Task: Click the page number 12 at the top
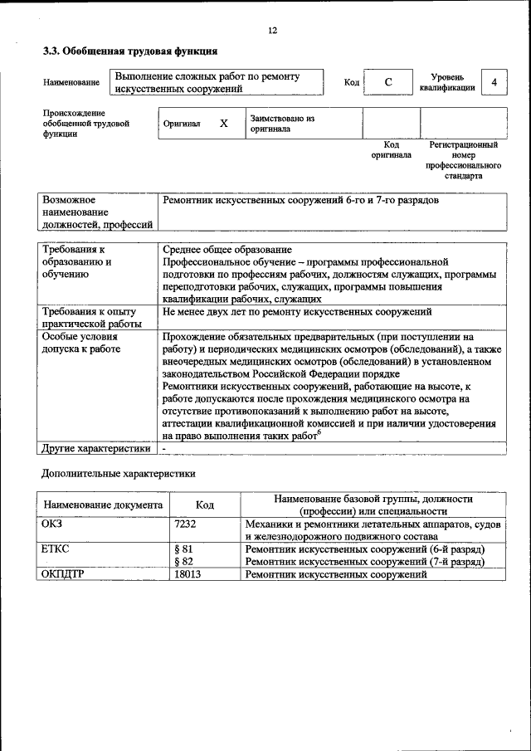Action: click(272, 31)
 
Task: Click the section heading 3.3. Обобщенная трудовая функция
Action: click(129, 51)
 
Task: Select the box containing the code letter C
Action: click(387, 83)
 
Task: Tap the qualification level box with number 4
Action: click(494, 83)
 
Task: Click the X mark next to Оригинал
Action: click(223, 124)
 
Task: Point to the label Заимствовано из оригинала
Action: click(282, 124)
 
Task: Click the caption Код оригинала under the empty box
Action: click(391, 150)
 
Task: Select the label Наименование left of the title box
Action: click(71, 82)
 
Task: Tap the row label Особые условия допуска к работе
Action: click(81, 343)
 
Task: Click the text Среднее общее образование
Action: click(227, 250)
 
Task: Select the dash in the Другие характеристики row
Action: click(165, 449)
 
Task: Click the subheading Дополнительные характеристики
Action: click(119, 475)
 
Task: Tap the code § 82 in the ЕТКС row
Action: click(183, 562)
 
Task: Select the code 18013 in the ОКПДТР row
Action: click(188, 574)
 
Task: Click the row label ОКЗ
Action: click(52, 524)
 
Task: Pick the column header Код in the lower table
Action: click(204, 505)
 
